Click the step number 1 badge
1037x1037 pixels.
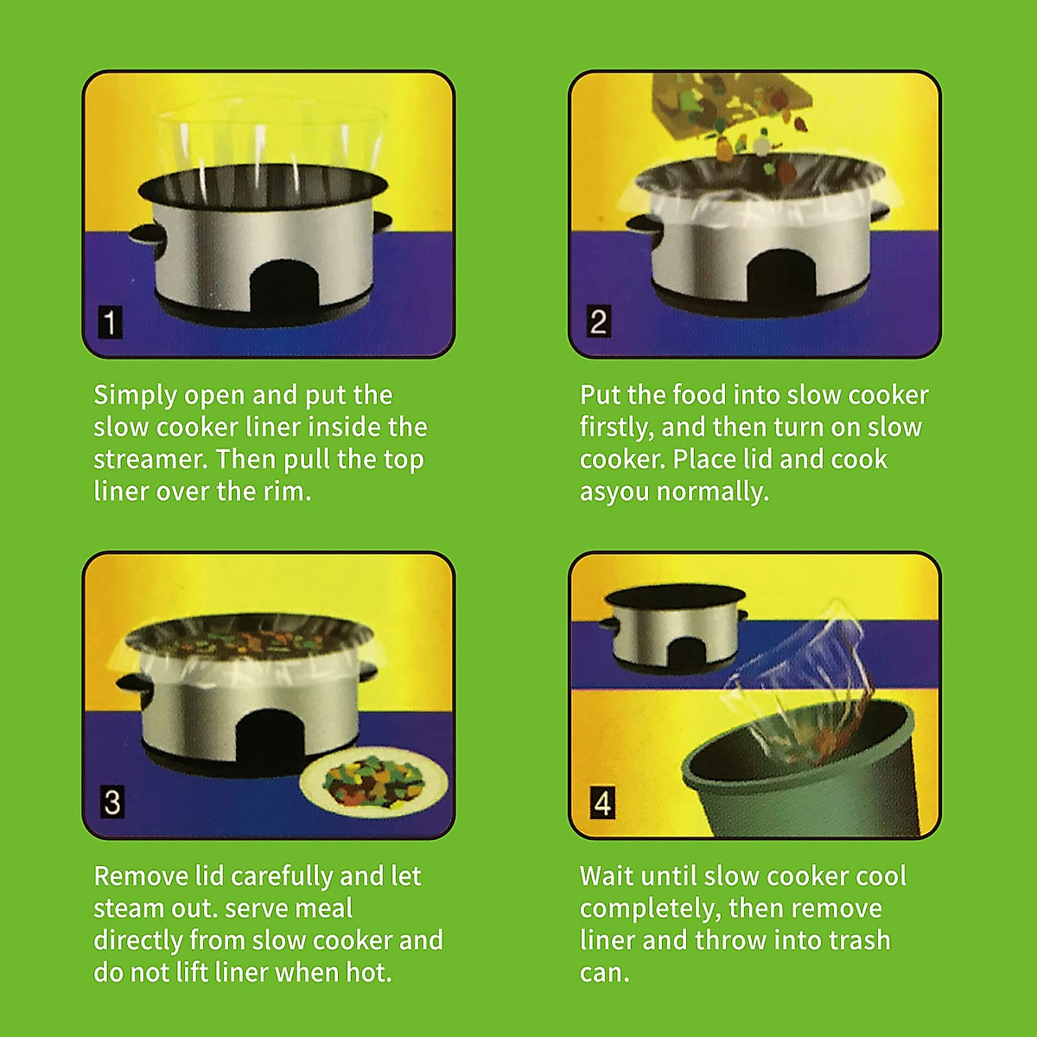pyautogui.click(x=110, y=322)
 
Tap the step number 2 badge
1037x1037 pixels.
pyautogui.click(x=597, y=321)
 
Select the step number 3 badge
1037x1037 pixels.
pyautogui.click(x=111, y=802)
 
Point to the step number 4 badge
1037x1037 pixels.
pyautogui.click(x=602, y=803)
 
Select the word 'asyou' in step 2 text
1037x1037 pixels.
pyautogui.click(x=614, y=492)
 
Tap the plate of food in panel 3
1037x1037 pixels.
pyautogui.click(x=374, y=780)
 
